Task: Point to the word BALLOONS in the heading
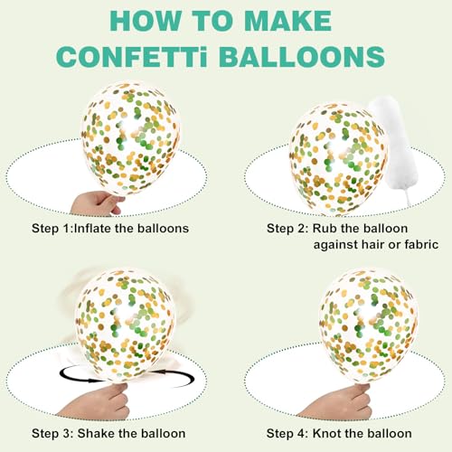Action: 302,56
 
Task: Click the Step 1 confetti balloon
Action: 130,137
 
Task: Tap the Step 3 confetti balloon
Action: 125,323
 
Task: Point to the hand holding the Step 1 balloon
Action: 97,202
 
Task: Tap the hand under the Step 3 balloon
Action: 97,400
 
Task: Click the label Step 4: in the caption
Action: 287,434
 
